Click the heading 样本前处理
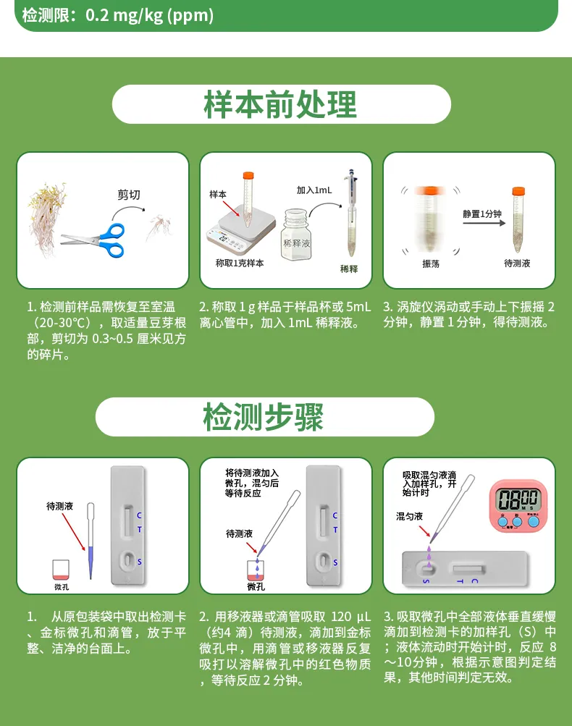click(x=281, y=105)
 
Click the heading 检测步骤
click(x=264, y=417)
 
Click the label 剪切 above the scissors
click(x=129, y=195)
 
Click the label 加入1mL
click(x=314, y=190)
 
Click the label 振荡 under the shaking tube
click(x=431, y=264)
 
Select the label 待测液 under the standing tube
click(x=517, y=264)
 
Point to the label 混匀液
click(x=409, y=516)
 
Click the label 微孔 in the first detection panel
click(x=62, y=587)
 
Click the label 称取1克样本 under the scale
click(x=240, y=263)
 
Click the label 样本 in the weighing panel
click(x=218, y=195)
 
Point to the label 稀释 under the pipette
click(x=349, y=269)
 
